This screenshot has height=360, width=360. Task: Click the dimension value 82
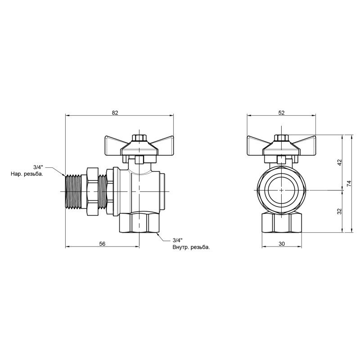click(115, 112)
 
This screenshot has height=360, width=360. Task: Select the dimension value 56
click(102, 243)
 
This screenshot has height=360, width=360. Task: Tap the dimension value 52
click(282, 112)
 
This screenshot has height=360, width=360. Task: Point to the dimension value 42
click(340, 162)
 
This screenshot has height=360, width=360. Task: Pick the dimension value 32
click(340, 211)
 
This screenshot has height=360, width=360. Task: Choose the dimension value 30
click(282, 243)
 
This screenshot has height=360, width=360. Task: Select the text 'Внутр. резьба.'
click(191, 247)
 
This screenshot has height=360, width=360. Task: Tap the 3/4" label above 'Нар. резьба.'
click(38, 166)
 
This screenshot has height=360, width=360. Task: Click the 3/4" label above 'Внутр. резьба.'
click(177, 240)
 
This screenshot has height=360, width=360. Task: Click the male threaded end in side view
click(72, 191)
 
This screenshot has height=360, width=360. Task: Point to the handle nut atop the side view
click(139, 137)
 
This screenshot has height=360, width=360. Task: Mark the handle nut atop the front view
click(282, 137)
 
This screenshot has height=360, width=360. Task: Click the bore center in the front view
click(282, 190)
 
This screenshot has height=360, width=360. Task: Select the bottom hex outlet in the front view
click(282, 223)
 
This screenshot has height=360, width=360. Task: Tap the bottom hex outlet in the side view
click(139, 223)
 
